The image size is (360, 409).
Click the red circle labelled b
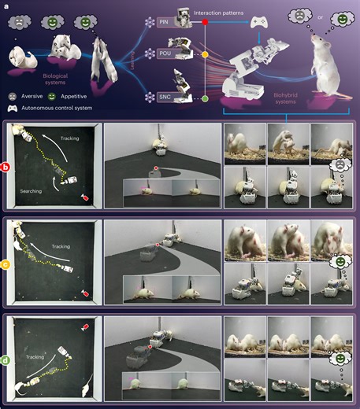click(x=6, y=166)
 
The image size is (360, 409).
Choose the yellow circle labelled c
click(x=6, y=265)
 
